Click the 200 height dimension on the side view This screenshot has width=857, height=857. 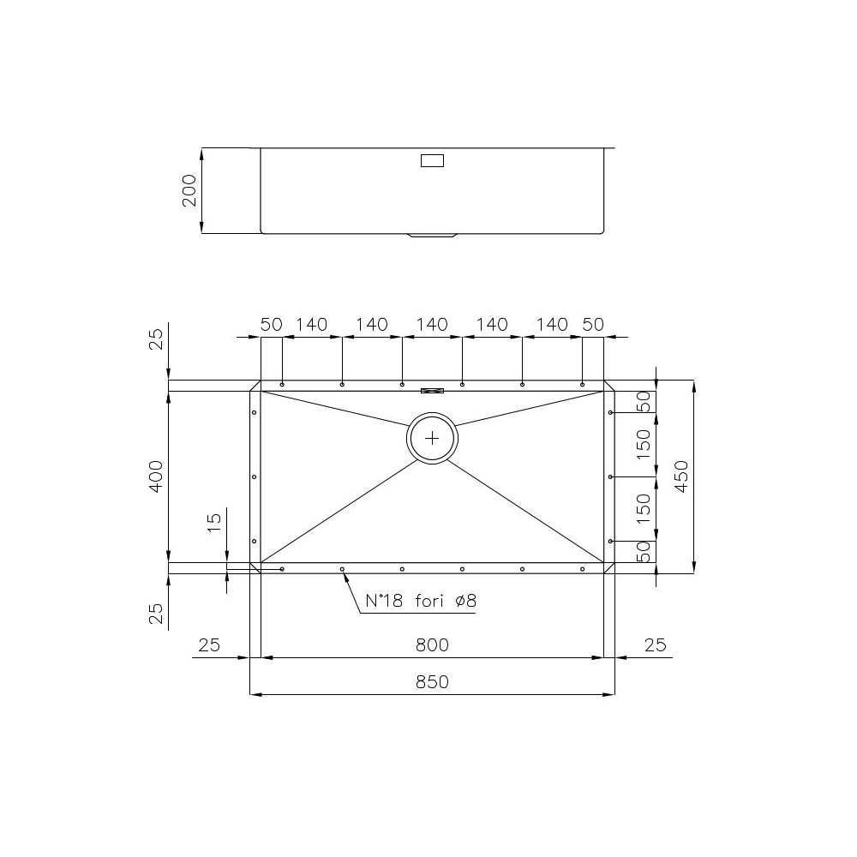[190, 190]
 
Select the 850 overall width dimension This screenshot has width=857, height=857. [432, 682]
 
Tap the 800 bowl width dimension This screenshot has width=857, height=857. [432, 644]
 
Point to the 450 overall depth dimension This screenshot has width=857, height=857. [681, 476]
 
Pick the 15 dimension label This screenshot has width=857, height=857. [215, 523]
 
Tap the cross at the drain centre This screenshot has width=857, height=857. [433, 438]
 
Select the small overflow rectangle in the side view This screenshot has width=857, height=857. [432, 159]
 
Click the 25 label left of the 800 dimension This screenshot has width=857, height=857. [209, 644]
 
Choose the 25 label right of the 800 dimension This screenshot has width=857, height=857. [656, 644]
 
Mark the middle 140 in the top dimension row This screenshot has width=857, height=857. [432, 325]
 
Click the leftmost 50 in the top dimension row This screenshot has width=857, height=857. [272, 325]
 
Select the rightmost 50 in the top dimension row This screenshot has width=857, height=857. [593, 325]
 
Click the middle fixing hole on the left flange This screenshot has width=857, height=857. [255, 476]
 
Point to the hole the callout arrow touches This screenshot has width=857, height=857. [342, 569]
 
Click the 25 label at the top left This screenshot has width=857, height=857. [156, 339]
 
